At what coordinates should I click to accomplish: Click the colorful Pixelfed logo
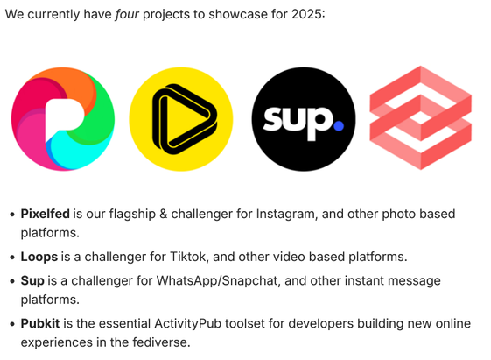pos(63,119)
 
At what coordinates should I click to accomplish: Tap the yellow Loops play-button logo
pos(181,119)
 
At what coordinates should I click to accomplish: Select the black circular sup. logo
pos(304,119)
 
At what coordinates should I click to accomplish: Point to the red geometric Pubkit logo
pos(420,117)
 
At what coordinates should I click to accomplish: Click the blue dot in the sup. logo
pos(339,125)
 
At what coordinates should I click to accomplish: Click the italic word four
pos(127,14)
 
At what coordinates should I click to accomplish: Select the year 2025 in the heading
pos(306,14)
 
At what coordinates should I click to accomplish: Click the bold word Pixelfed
pos(46,214)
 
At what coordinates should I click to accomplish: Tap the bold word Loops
pos(39,257)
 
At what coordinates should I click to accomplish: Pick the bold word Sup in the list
pos(32,281)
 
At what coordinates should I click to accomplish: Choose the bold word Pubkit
pos(40,323)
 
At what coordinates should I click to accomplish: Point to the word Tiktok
pos(189,257)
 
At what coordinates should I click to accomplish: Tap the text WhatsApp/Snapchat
pos(218,281)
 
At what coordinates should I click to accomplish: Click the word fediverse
pos(161,342)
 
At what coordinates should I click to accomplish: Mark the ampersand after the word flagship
pos(163,214)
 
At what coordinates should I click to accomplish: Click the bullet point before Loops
pos(12,258)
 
